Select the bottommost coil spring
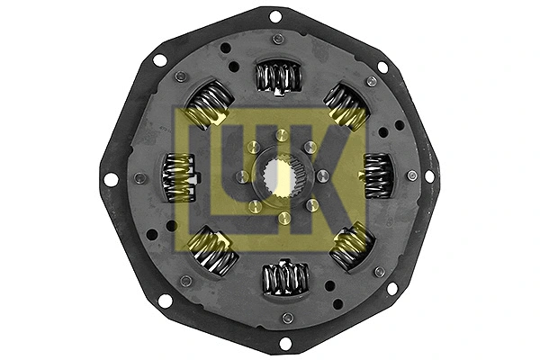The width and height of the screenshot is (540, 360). (x=285, y=278)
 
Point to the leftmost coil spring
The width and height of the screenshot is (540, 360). (x=180, y=178)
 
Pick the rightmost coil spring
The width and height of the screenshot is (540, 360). (x=377, y=175)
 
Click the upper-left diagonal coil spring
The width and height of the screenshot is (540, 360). (x=208, y=105)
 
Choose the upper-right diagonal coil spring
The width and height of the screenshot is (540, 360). (x=346, y=106)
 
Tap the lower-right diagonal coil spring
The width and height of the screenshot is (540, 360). (x=352, y=246)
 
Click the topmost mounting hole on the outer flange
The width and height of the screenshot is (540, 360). (x=275, y=16)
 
